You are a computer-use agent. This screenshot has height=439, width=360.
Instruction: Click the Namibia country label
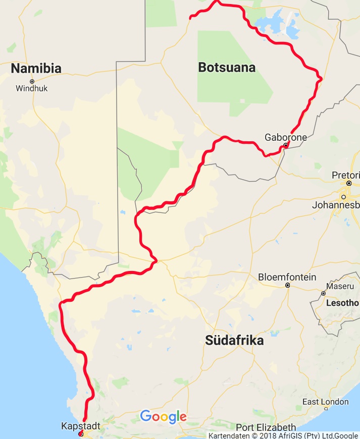36,69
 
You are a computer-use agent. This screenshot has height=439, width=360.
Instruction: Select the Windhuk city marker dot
32,81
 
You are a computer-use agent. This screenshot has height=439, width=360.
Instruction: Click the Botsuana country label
227,68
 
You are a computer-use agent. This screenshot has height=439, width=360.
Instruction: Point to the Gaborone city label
286,137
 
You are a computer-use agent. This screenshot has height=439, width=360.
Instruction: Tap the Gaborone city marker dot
285,145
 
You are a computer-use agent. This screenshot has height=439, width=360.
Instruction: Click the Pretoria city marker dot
349,183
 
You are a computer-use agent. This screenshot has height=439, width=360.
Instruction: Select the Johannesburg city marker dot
344,197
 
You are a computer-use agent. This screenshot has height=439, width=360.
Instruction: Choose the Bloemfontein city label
287,277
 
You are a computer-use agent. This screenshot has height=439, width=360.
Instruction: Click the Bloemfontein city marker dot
287,286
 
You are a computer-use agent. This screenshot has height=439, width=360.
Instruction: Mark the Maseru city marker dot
324,293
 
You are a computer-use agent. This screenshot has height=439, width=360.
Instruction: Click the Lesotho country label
342,303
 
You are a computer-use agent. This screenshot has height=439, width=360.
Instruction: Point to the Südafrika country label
234,341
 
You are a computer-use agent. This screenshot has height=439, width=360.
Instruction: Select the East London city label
325,402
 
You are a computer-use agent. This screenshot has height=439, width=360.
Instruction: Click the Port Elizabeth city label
266,427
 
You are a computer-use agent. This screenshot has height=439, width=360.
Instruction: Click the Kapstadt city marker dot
81,433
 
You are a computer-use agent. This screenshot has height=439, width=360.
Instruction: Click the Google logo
163,417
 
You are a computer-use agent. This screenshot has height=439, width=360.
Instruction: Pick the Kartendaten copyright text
283,435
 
